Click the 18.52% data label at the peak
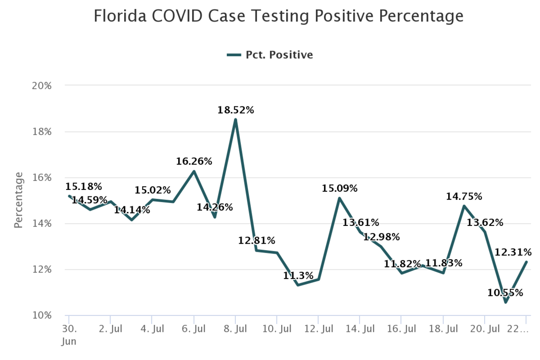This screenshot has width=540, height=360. pos(235,111)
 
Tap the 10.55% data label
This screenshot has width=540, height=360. pos(506,293)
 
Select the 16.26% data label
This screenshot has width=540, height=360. pos(194,162)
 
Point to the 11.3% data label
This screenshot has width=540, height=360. pos(298,276)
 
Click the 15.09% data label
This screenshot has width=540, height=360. pos(339,189)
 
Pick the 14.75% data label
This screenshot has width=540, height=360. pos(464,197)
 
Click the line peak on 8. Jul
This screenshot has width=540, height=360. pos(235,120)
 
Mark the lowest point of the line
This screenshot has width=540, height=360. pos(506,302)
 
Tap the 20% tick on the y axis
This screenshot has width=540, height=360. pos(42,86)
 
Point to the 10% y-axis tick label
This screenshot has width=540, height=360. pos(42,315)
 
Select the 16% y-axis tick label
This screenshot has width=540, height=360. pos(42,178)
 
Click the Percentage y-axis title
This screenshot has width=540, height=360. pos(19,200)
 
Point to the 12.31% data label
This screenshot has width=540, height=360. pos(513,252)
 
